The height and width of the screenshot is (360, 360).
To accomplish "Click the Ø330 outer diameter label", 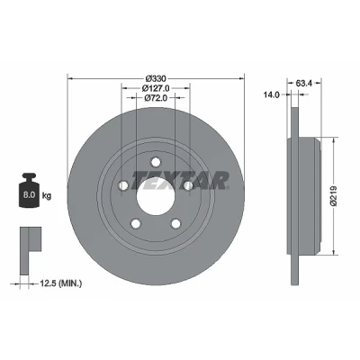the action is [x=156, y=79].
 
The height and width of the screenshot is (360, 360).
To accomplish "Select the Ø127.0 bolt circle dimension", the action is [x=156, y=88].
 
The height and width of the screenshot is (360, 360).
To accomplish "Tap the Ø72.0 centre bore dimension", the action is [x=156, y=98].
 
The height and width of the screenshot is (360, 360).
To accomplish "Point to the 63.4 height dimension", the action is [x=304, y=84].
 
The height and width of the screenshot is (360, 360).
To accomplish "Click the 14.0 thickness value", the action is [x=271, y=94].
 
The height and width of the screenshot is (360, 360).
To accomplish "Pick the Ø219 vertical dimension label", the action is [x=334, y=196].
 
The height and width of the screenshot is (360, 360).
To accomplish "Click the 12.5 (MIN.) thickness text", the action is [x=61, y=283].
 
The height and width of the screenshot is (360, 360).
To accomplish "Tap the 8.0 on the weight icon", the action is [x=29, y=195].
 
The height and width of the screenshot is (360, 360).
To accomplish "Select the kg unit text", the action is [x=47, y=196].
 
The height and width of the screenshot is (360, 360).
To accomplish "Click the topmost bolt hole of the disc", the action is [x=156, y=162].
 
